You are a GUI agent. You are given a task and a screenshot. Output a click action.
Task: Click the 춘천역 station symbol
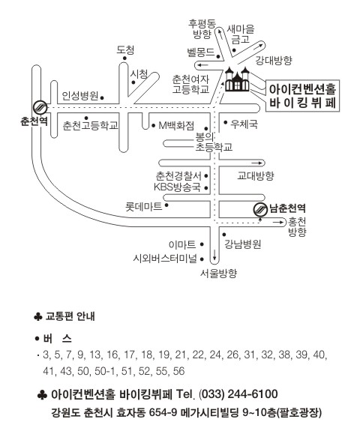(40, 107)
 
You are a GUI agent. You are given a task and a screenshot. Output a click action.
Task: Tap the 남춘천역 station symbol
(260, 209)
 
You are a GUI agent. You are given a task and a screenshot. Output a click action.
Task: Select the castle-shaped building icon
(237, 79)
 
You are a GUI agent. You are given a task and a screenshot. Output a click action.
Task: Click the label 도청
(125, 50)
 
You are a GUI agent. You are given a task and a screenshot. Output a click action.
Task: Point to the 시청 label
(139, 74)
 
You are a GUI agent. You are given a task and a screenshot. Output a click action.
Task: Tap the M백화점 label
(176, 126)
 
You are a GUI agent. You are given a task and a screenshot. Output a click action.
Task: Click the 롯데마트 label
(143, 207)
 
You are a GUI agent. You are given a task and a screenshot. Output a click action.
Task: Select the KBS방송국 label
(177, 187)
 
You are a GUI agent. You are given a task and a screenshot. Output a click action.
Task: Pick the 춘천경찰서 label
(178, 176)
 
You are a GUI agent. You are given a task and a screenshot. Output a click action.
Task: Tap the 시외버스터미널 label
(165, 259)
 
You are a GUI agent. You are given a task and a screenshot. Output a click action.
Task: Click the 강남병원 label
(243, 244)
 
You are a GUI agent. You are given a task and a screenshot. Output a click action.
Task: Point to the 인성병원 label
(80, 96)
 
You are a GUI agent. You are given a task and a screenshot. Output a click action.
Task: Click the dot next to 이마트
(202, 244)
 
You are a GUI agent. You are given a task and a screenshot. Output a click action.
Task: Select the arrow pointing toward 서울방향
(214, 254)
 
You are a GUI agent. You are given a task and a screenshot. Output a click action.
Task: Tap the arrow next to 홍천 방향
(278, 222)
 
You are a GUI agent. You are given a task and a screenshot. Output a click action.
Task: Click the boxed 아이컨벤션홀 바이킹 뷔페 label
(302, 96)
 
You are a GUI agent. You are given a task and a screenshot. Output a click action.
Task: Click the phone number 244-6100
(253, 394)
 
